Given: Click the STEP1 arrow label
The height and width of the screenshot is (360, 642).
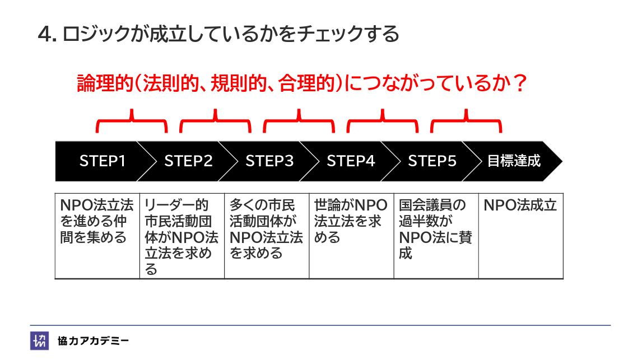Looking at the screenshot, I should coord(103,161).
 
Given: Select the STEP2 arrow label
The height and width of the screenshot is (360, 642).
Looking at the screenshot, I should coord(188,161).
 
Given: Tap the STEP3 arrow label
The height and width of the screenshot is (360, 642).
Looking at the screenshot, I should coord(269,161).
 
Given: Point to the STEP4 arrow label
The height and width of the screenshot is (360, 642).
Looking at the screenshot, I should coord(351,161).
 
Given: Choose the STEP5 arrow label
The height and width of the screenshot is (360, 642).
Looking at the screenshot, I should coord(432,161).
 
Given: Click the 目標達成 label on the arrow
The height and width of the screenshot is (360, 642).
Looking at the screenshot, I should coord(514,161).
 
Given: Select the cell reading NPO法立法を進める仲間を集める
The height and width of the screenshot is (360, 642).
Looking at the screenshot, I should coord(97,222).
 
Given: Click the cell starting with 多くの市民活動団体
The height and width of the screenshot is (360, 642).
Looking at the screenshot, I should coord(267,229).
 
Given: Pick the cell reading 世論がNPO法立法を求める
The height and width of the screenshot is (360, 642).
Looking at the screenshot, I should coord(351,222).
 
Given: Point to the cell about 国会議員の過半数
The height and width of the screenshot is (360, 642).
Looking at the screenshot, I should coord(436,229).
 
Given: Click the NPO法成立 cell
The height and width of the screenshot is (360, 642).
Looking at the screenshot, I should coord(520,205).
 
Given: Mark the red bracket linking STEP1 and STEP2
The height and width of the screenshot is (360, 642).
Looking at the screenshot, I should coord(132,121).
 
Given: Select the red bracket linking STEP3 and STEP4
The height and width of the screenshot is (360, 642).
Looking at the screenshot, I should coord(299,121).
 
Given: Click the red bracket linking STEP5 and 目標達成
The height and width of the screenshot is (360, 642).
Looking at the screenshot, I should coord(466,121).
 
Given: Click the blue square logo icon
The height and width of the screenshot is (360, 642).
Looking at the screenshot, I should coord(39,340).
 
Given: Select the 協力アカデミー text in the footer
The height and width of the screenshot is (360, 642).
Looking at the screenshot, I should coord(93,340).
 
